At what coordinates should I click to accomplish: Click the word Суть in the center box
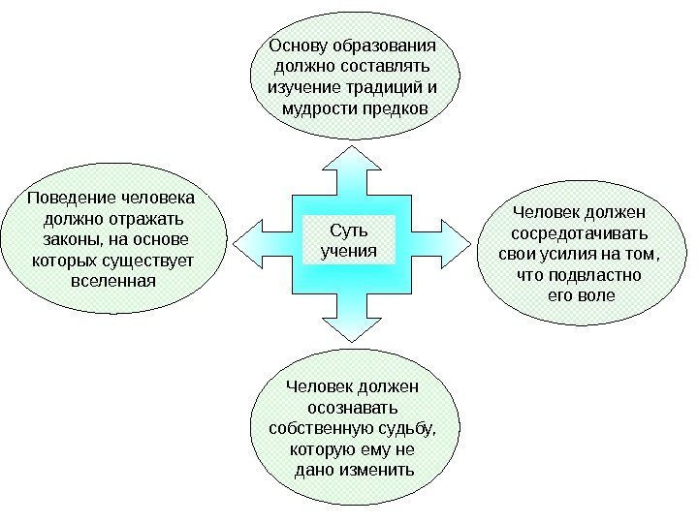click(350, 232)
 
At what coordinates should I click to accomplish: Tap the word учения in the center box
click(350, 253)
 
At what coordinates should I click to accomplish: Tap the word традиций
click(382, 87)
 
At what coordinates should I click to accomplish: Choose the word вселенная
click(113, 281)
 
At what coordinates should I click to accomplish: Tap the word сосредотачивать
click(581, 233)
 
